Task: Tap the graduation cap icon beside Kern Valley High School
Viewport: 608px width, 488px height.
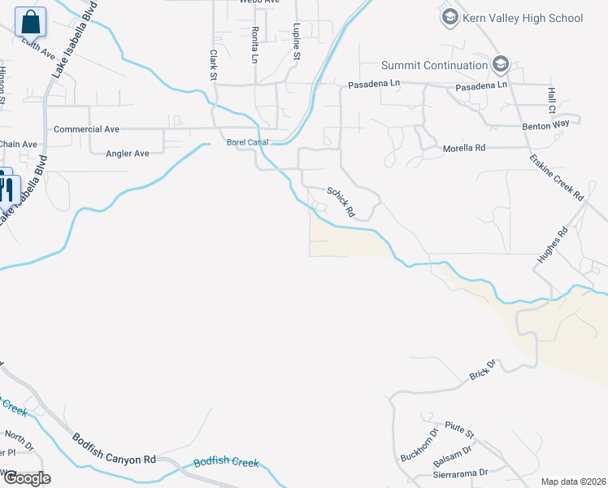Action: [449, 17]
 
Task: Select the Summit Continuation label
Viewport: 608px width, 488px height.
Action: [435, 65]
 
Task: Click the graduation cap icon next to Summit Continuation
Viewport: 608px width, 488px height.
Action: [500, 64]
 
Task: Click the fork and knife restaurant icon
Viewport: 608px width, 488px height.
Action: [7, 188]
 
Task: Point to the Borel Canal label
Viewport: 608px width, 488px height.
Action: [247, 142]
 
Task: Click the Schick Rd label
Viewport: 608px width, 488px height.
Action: [341, 202]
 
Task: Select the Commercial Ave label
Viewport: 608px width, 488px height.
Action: [86, 129]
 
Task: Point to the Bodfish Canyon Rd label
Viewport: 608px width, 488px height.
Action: [114, 448]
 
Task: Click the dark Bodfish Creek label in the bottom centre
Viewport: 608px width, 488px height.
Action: [226, 463]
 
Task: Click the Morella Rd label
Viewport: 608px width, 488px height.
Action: [463, 149]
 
